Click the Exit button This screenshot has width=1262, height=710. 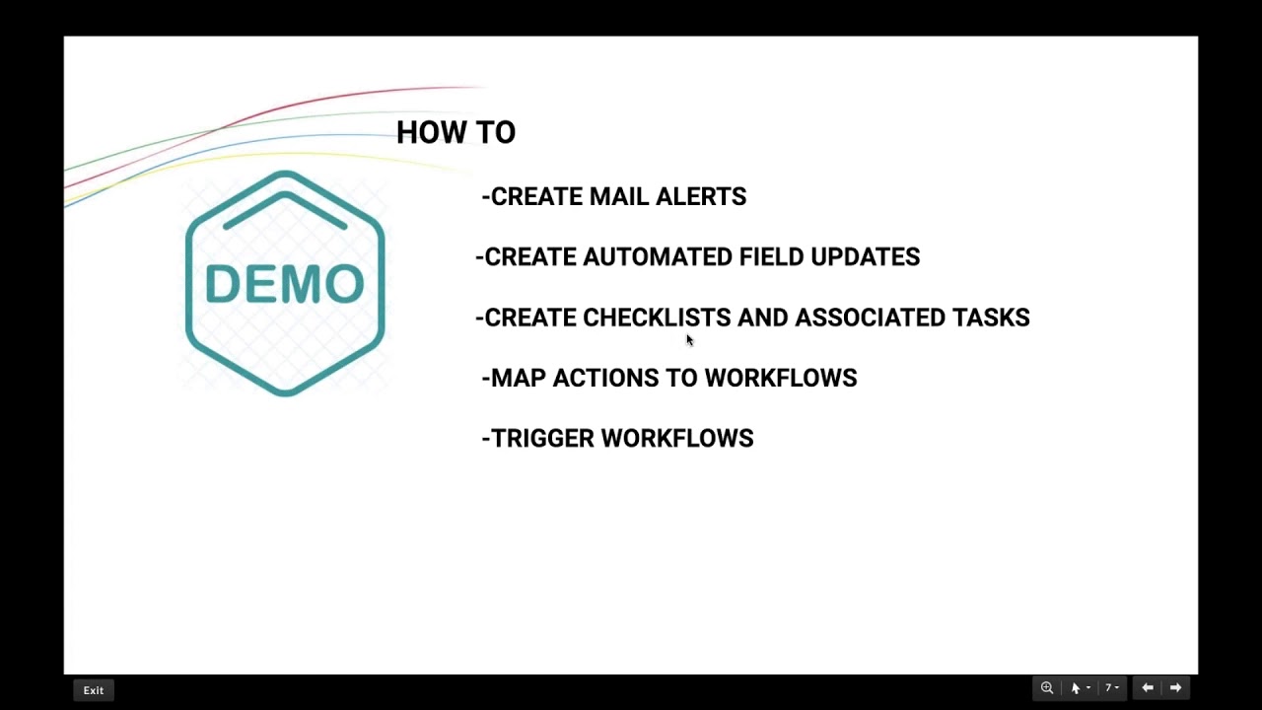click(x=94, y=690)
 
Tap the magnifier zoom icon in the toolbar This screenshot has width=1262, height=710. click(x=1047, y=688)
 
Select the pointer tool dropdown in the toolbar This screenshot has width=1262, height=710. click(x=1080, y=688)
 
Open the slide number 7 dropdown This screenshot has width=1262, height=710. click(x=1112, y=688)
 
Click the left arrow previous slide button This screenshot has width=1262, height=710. click(x=1148, y=688)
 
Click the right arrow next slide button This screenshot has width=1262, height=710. click(x=1175, y=688)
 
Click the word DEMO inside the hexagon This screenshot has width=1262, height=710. click(x=285, y=285)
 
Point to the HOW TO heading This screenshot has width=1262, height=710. click(x=456, y=133)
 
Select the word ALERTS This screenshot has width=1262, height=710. click(x=700, y=197)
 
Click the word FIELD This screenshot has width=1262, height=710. click(x=771, y=257)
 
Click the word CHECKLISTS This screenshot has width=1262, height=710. click(x=657, y=318)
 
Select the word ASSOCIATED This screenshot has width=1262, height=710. click(x=870, y=318)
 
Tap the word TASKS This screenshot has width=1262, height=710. click(x=991, y=318)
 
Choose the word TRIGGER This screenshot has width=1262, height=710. click(x=542, y=439)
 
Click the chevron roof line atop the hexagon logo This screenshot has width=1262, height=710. click(x=285, y=196)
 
